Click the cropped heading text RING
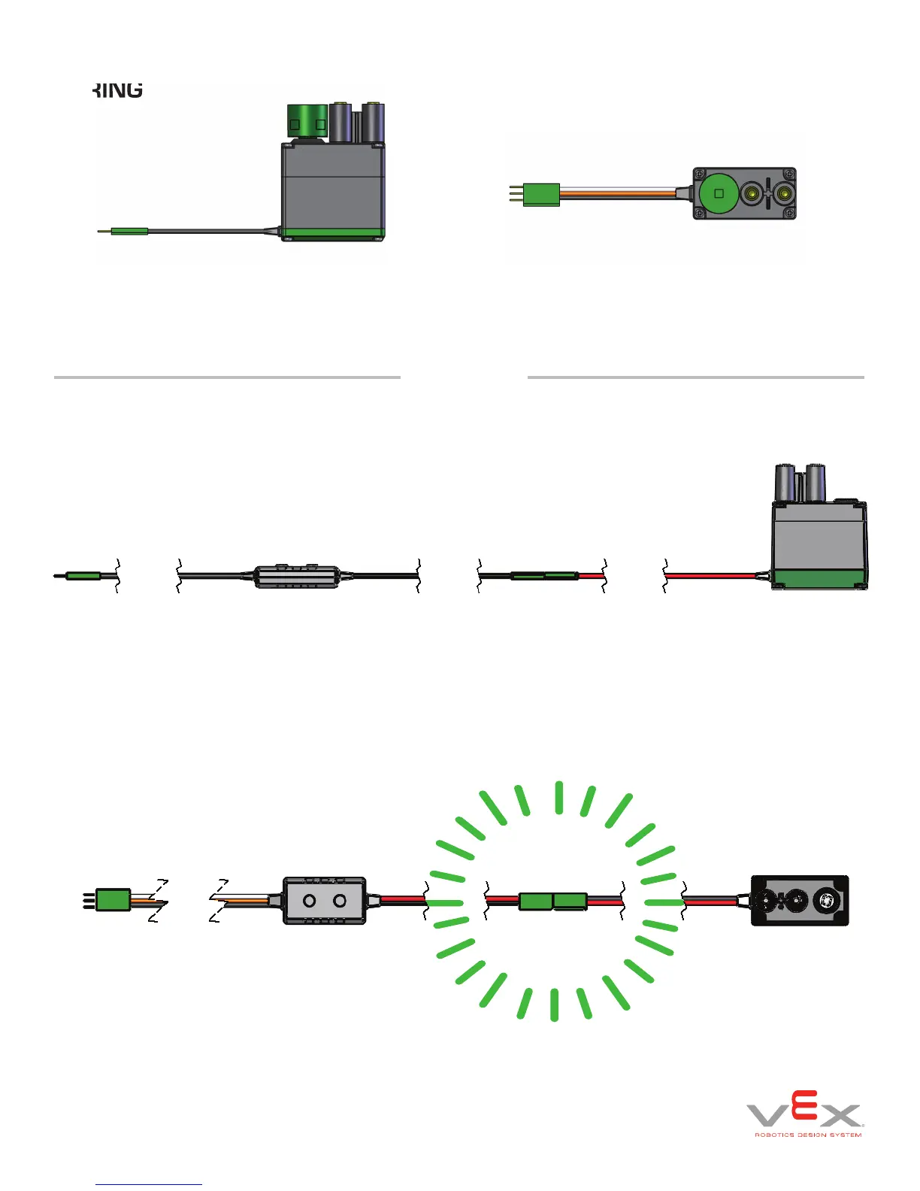[x=118, y=89]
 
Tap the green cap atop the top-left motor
[x=307, y=121]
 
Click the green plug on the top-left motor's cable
[x=130, y=232]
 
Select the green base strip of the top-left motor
[x=334, y=234]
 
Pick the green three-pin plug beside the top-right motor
[x=542, y=195]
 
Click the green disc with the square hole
[x=719, y=193]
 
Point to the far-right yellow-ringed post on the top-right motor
[x=785, y=195]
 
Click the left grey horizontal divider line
[x=227, y=377]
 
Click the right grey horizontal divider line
[x=695, y=377]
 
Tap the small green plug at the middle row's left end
[x=83, y=576]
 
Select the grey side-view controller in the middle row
[x=297, y=577]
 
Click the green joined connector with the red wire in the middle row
[x=544, y=576]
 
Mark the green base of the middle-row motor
[x=819, y=579]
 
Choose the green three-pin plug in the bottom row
[x=113, y=900]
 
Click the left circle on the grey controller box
[x=309, y=900]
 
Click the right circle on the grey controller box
[x=340, y=900]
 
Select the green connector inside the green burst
[x=553, y=901]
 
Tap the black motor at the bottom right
[x=800, y=900]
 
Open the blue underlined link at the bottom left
[x=149, y=1183]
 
